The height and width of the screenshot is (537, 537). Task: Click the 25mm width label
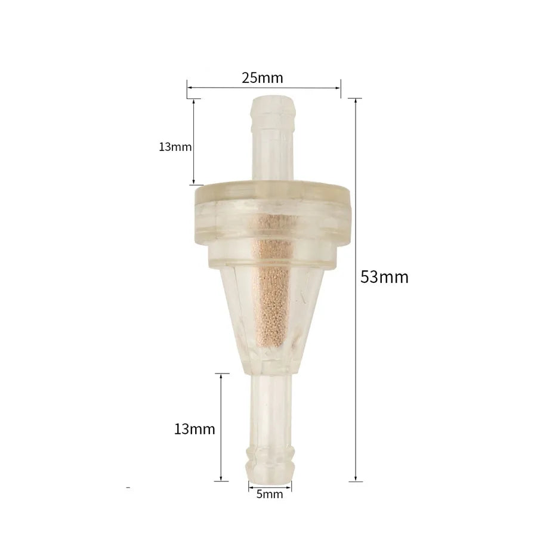pos(263,78)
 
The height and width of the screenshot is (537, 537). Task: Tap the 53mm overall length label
pos(384,277)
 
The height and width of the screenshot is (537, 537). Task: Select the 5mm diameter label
pos(270,494)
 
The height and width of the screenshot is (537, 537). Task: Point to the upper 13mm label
pos(175,147)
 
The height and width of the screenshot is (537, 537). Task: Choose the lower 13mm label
pos(195,429)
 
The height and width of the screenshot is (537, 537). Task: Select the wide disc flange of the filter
pos(273,212)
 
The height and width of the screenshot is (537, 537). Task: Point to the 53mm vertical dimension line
pos(356,290)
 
